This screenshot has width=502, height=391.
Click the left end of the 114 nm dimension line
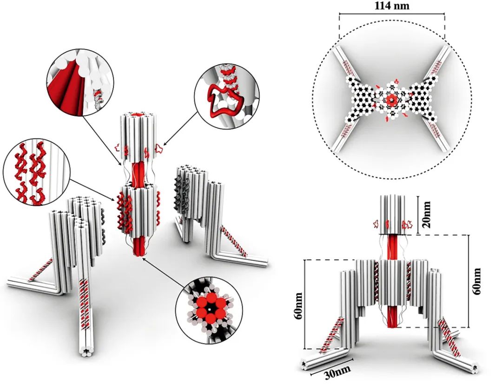pyautogui.click(x=340, y=14)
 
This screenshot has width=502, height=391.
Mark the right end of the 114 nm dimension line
pyautogui.click(x=445, y=14)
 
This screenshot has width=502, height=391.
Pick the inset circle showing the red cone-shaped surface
pyautogui.click(x=80, y=82)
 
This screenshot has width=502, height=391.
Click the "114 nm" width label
pyautogui.click(x=392, y=6)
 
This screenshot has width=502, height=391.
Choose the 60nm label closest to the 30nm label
pyautogui.click(x=298, y=305)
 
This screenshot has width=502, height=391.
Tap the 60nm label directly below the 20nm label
pyautogui.click(x=477, y=282)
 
